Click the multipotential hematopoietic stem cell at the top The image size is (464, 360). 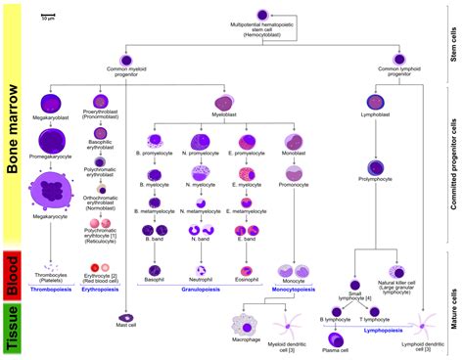(x=263, y=15)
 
